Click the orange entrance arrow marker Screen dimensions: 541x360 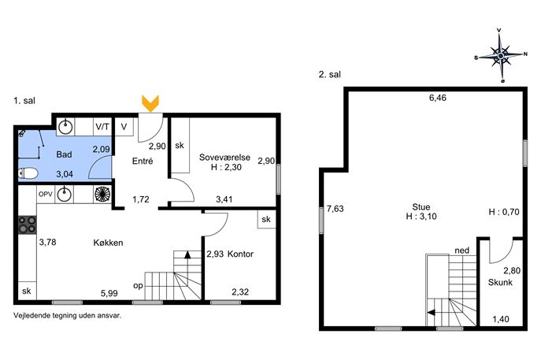150,103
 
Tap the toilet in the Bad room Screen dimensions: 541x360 28,173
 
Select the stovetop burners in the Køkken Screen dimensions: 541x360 28,225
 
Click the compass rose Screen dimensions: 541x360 501,55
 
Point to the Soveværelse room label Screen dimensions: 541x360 224,158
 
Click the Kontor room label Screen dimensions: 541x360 240,254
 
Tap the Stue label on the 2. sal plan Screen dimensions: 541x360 421,206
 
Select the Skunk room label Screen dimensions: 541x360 500,282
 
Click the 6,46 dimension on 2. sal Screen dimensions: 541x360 438,98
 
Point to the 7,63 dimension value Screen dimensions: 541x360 335,209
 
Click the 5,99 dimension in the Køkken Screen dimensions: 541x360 109,293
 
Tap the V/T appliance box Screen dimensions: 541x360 102,127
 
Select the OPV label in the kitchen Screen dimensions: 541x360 46,195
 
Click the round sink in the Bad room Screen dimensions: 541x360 65,127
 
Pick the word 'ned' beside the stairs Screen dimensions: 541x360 461,251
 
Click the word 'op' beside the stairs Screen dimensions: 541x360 138,286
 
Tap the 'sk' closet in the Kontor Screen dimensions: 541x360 266,219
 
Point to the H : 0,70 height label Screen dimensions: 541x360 504,212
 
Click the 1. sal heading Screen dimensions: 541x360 24,101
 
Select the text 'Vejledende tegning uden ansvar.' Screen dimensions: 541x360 67,315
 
